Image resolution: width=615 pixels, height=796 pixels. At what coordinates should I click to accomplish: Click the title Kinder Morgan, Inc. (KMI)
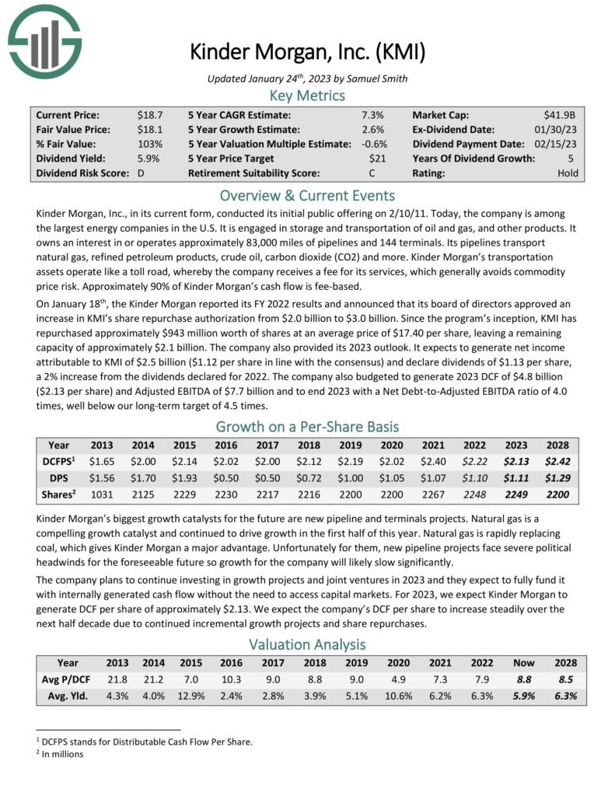307,52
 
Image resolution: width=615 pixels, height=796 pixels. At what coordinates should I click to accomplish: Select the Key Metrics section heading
307,96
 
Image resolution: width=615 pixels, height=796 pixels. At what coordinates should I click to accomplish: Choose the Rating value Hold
568,173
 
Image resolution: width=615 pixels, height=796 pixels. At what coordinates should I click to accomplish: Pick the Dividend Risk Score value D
142,173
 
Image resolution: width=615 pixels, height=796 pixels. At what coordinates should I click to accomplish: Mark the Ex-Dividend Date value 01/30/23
557,129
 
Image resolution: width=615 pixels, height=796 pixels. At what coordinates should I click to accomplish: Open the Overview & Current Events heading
307,195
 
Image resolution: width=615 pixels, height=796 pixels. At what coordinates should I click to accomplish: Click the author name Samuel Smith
380,78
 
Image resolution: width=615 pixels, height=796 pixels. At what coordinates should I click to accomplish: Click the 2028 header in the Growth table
556,446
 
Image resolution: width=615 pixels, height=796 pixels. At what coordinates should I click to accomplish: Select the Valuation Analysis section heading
307,644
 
